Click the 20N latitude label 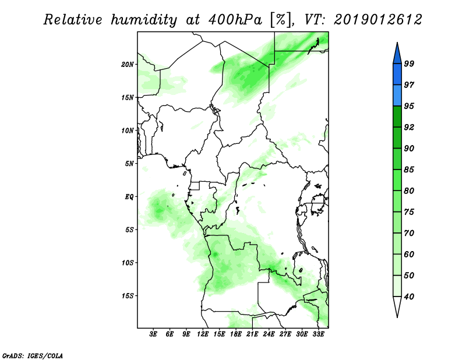(x=128, y=65)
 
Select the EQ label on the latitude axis (x=129, y=197)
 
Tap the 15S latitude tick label (x=128, y=296)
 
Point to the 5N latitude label (x=129, y=164)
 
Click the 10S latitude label (x=128, y=263)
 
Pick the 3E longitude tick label (x=153, y=334)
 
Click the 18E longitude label (x=236, y=334)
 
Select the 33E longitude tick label (x=318, y=334)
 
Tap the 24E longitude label (x=269, y=334)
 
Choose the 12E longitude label (x=203, y=334)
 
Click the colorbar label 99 (x=409, y=63)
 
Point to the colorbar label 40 (x=409, y=297)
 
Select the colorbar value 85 (x=409, y=170)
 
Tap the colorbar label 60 (x=409, y=254)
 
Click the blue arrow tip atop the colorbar (x=397, y=43)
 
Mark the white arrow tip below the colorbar (x=397, y=317)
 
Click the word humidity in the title (x=144, y=20)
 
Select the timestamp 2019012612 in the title (x=377, y=20)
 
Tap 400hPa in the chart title (x=235, y=20)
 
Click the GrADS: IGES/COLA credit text (x=33, y=356)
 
